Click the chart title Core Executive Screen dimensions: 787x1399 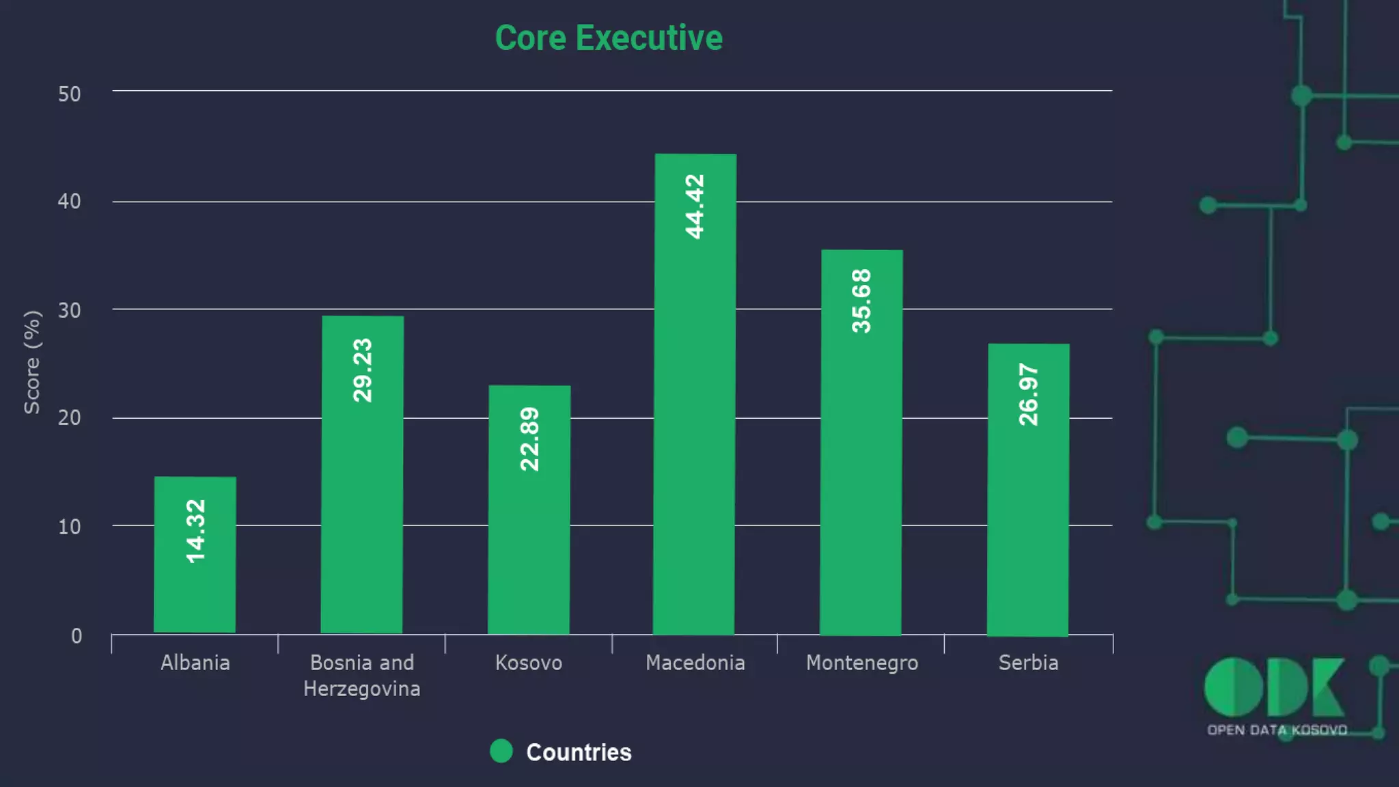point(609,38)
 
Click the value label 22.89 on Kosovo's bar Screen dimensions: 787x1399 point(529,439)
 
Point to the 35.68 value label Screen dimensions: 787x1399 point(861,301)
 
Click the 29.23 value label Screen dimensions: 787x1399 point(363,370)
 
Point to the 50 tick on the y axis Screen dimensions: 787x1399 point(69,94)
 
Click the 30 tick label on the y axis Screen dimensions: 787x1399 point(69,311)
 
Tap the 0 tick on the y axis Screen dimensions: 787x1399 point(77,636)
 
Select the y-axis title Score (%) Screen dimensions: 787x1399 point(32,362)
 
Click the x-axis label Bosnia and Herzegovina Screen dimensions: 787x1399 point(362,676)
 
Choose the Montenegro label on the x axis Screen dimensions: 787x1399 point(862,663)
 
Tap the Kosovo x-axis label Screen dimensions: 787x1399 point(529,663)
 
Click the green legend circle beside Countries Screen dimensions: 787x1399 point(501,751)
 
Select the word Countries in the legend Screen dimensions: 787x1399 point(579,752)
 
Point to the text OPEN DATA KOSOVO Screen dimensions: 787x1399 point(1277,730)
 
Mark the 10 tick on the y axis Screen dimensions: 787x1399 point(69,527)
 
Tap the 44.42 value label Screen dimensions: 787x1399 point(695,206)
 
